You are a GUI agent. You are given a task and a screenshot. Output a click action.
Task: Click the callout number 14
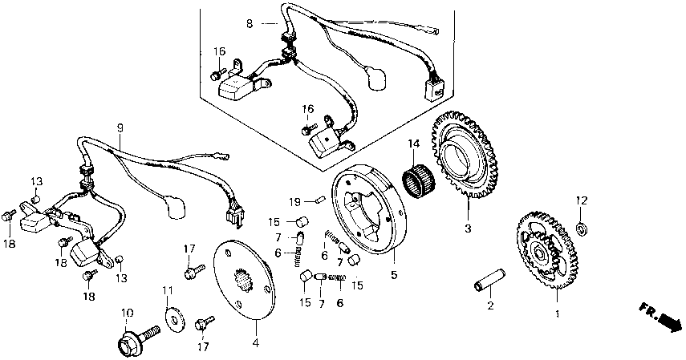click(x=413, y=144)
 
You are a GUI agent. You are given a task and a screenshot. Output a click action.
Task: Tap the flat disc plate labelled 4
click(x=245, y=281)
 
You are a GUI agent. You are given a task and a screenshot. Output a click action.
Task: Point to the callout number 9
click(x=120, y=127)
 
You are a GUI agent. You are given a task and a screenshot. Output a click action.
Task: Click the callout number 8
click(x=250, y=25)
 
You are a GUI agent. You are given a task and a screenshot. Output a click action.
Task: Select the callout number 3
click(x=467, y=227)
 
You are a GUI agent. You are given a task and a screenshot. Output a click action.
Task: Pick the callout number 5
click(x=394, y=274)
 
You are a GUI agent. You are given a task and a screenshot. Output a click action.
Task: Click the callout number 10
click(x=126, y=312)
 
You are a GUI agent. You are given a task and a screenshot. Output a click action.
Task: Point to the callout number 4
click(x=256, y=345)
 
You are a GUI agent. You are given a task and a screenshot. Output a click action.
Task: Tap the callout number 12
click(x=583, y=200)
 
